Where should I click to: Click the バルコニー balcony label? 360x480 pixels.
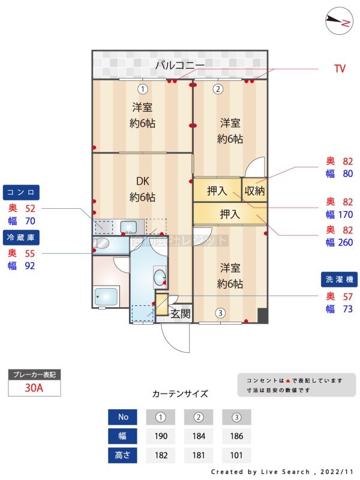click(180, 65)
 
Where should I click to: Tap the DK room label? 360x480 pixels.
click(142, 181)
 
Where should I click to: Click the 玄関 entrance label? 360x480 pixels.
click(180, 313)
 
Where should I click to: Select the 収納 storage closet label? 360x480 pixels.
click(254, 191)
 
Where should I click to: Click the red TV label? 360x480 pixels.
click(340, 69)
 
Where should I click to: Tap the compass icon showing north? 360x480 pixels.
click(338, 22)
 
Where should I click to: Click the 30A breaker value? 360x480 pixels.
click(34, 388)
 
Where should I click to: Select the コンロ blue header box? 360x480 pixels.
click(22, 193)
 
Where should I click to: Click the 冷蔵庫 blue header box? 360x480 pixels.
click(22, 237)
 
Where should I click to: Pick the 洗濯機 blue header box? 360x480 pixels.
click(340, 280)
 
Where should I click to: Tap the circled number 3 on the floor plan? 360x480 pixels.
click(220, 313)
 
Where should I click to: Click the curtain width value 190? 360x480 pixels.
click(160, 436)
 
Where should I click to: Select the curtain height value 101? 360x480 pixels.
click(236, 455)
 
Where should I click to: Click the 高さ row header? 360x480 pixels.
click(123, 455)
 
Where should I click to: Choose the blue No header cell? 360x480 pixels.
click(123, 417)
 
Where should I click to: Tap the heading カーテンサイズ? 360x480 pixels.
click(180, 394)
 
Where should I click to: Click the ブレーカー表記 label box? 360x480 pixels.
click(34, 374)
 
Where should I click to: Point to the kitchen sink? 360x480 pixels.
click(130, 226)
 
